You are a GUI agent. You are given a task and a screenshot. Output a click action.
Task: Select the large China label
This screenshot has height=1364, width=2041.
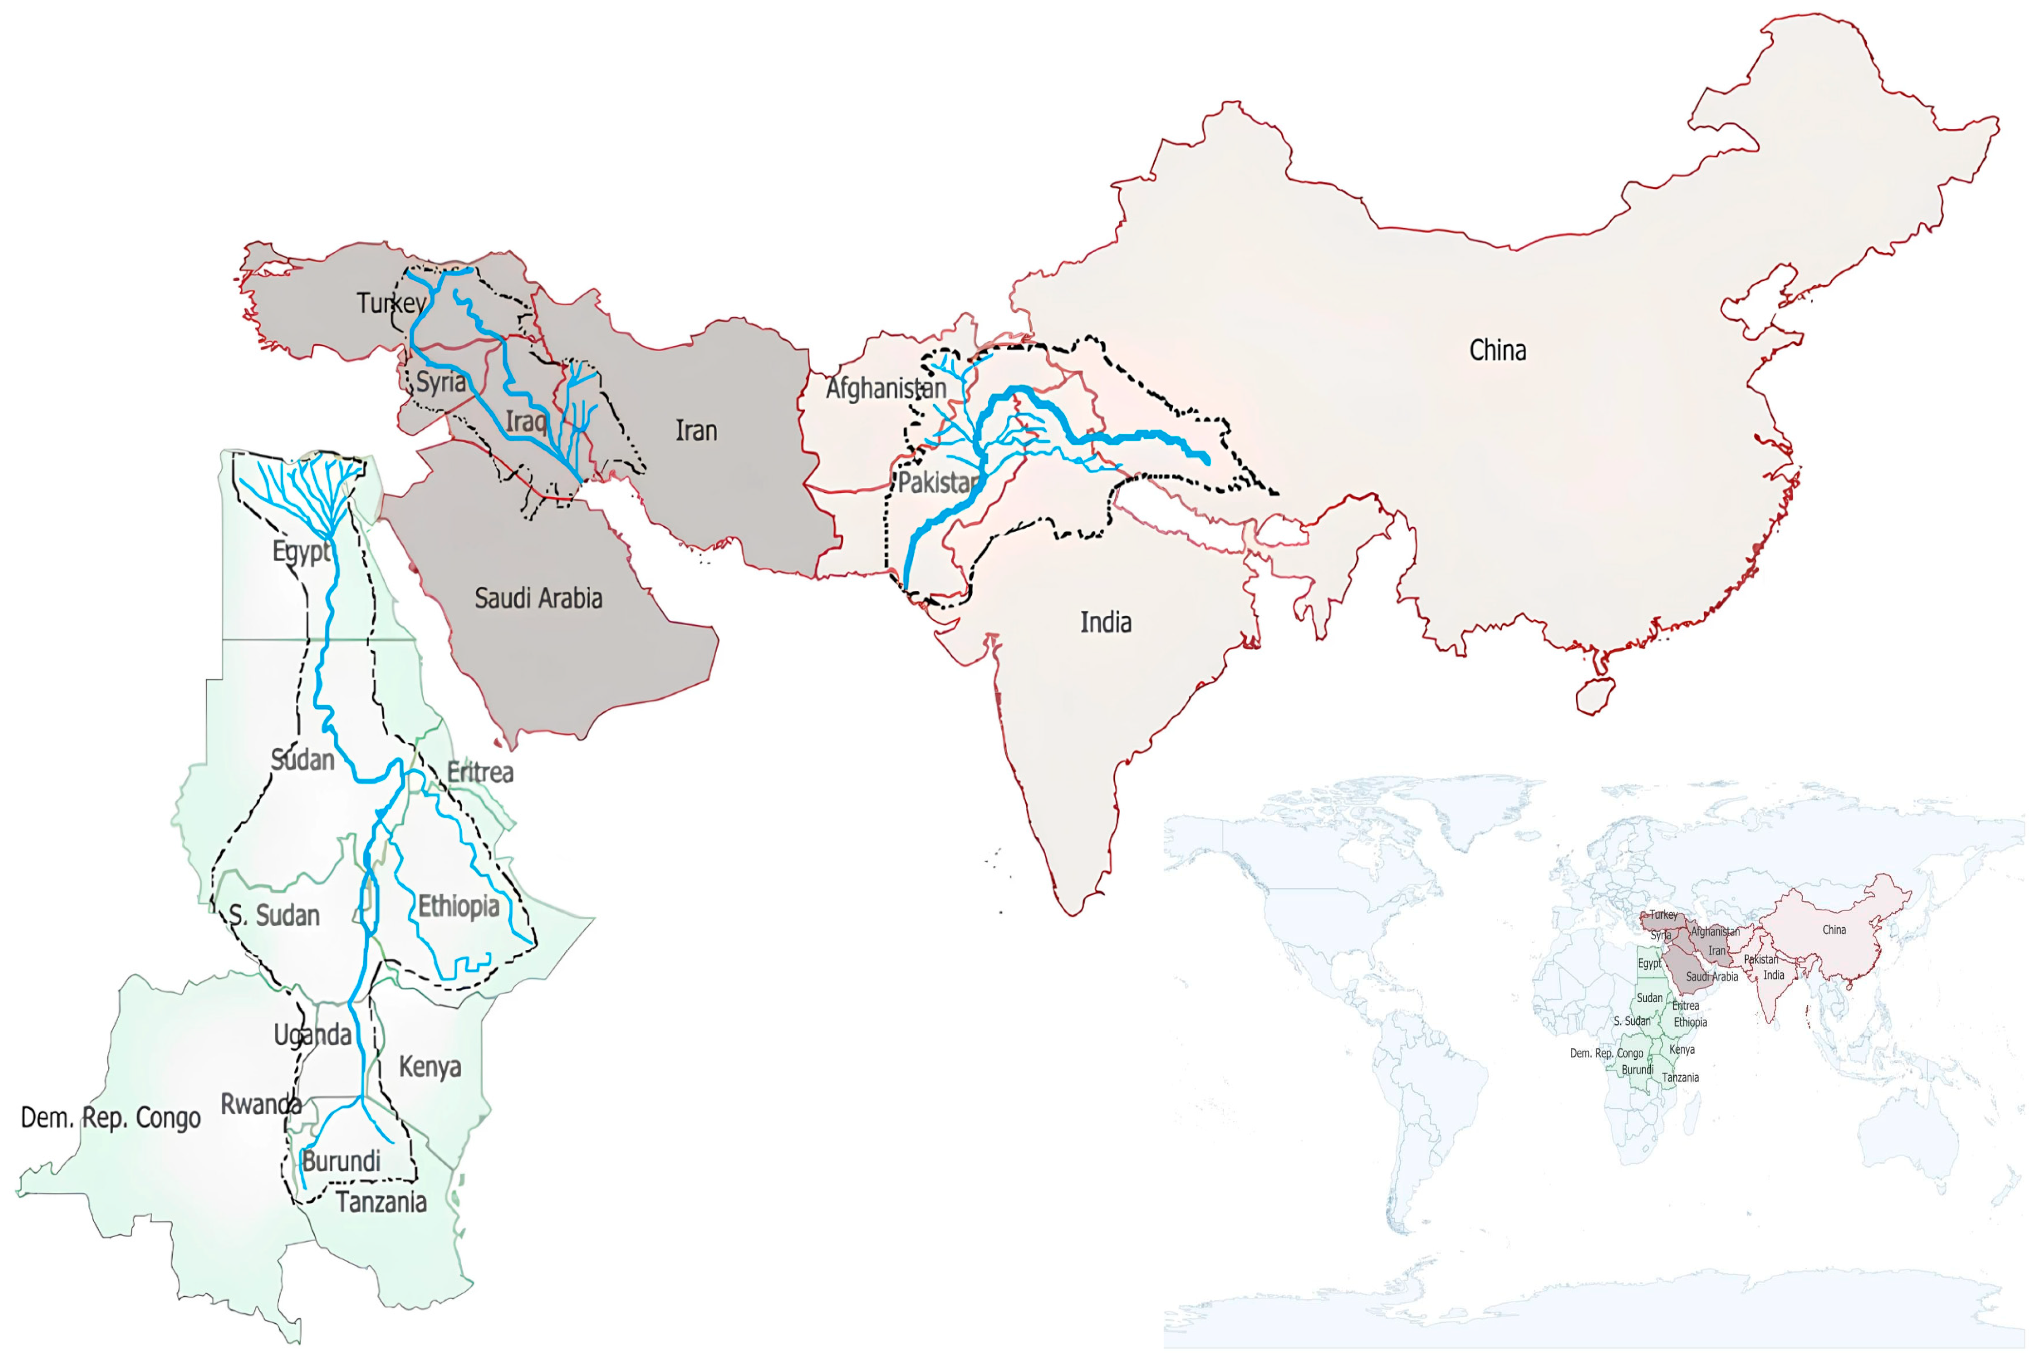pos(1497,350)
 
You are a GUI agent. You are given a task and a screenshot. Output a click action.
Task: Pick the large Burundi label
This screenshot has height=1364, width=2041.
pos(341,1161)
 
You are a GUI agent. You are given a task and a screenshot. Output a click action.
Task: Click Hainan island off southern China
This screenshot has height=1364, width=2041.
pos(1595,695)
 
